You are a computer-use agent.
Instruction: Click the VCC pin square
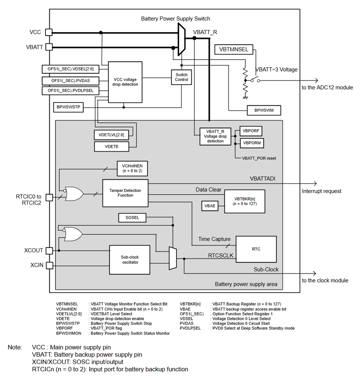(x=49, y=32)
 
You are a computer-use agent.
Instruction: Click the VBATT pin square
(x=49, y=47)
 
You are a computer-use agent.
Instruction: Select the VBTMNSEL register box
(x=234, y=49)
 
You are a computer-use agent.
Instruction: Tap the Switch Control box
(x=181, y=77)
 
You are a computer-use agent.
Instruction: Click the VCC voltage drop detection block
(x=123, y=82)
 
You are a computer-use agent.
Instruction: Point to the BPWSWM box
(x=263, y=111)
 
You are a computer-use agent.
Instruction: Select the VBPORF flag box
(x=251, y=131)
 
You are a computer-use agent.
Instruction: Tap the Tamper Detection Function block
(x=125, y=193)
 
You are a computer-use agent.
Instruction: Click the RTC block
(x=256, y=249)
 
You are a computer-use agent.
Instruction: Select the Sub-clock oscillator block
(x=129, y=260)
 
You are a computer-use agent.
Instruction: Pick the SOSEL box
(x=132, y=218)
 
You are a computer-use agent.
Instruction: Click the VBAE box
(x=209, y=206)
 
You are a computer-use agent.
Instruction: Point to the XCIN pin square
(x=49, y=265)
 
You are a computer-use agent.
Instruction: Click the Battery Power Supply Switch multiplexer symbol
(x=181, y=39)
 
